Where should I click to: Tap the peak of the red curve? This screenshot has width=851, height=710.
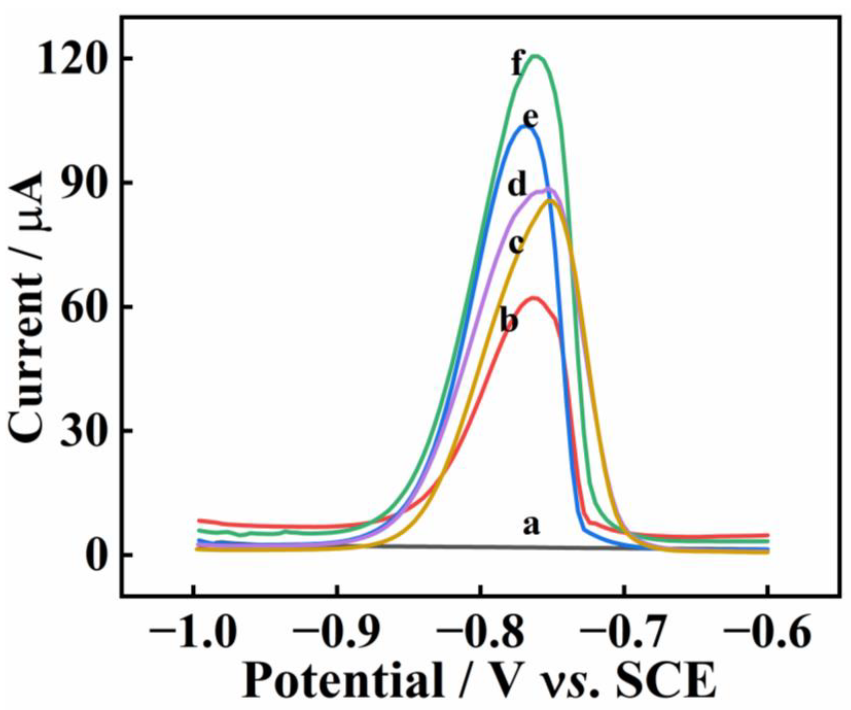pos(535,298)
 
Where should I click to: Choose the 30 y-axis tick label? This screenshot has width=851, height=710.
pos(83,431)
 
